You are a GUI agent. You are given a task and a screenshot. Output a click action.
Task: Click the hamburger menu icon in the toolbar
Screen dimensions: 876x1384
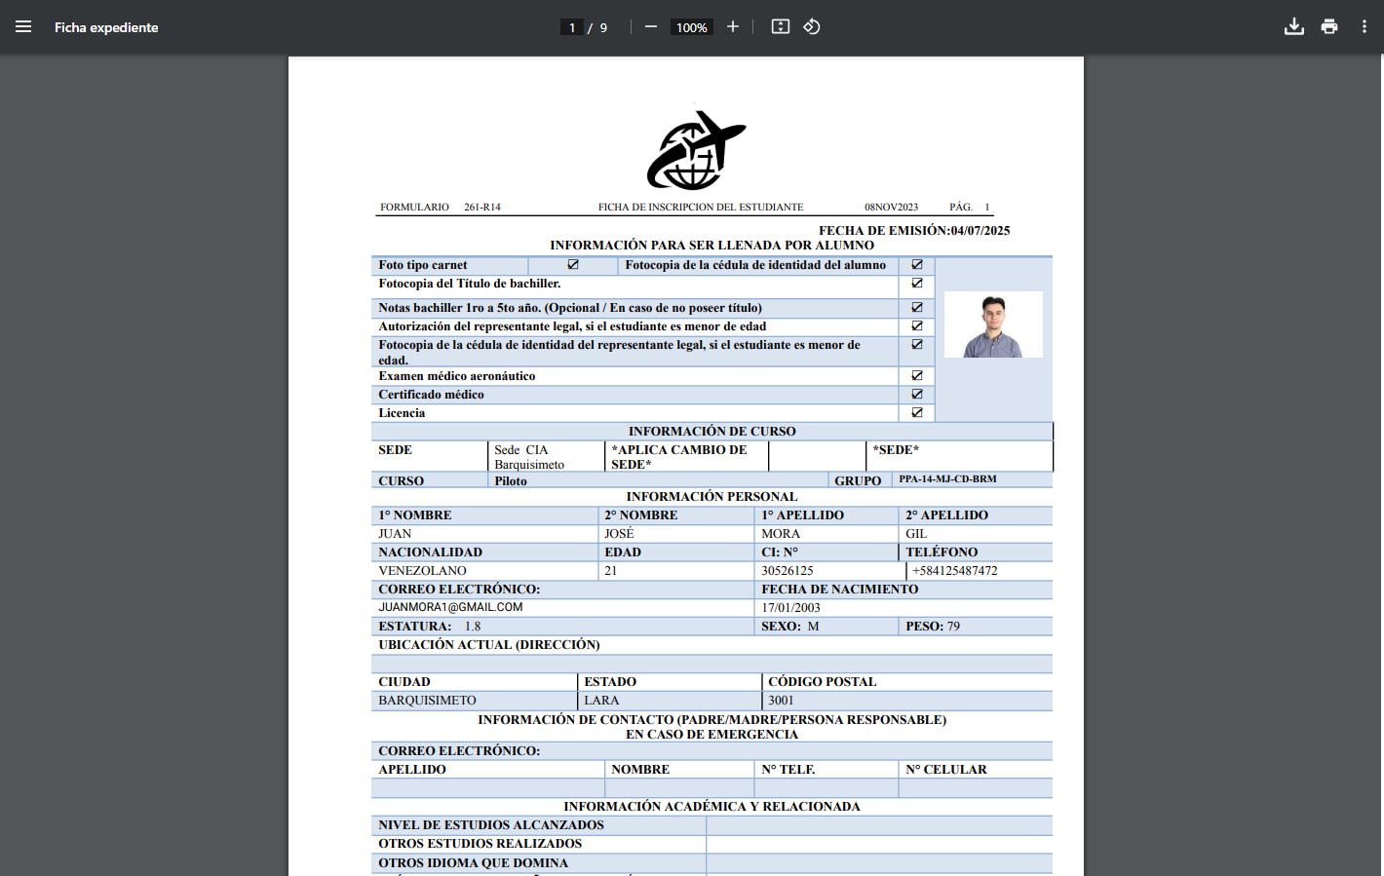23,27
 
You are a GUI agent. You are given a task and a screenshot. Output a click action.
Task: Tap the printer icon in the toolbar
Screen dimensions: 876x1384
1329,27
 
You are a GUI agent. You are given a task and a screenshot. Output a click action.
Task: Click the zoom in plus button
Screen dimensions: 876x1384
733,27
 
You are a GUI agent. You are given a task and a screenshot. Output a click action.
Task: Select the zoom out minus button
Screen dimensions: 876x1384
651,27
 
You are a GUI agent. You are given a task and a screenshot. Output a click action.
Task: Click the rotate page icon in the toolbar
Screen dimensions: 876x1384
812,27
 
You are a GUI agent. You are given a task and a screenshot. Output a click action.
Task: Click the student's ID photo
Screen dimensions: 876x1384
993,325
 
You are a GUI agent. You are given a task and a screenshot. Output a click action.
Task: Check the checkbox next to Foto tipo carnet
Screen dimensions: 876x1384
573,265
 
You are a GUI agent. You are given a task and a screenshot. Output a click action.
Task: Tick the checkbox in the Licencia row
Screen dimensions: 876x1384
917,413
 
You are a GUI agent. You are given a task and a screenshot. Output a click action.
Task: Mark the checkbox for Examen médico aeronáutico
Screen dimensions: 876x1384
917,376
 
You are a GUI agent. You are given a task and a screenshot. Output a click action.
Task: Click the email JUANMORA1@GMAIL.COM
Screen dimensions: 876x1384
450,607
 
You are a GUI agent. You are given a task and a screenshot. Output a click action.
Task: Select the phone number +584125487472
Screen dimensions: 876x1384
954,571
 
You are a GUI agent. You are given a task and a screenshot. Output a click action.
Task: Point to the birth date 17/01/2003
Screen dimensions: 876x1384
790,608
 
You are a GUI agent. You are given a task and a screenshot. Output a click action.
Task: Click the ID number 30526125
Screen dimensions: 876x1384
788,571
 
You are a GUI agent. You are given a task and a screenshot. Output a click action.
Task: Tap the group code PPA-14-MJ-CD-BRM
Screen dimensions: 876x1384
947,479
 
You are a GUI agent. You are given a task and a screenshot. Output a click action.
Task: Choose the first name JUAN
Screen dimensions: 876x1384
395,534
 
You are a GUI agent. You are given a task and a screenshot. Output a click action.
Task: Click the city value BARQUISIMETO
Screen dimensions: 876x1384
427,701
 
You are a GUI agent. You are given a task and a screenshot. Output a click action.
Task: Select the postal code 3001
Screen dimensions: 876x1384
781,701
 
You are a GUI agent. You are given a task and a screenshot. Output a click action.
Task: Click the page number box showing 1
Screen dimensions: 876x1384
572,27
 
